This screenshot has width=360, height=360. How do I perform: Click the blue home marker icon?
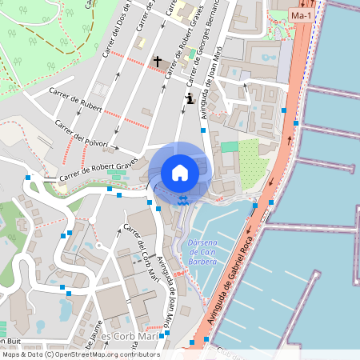click(x=180, y=172)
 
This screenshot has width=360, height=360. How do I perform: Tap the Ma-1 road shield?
click(x=302, y=16)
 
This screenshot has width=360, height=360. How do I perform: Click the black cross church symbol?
click(x=158, y=61)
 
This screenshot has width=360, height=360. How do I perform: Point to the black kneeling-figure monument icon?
click(x=189, y=98)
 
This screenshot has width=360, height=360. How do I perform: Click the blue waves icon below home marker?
click(x=184, y=201)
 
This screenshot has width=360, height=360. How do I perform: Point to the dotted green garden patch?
click(x=253, y=159)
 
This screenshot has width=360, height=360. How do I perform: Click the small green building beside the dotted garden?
click(x=230, y=146)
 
